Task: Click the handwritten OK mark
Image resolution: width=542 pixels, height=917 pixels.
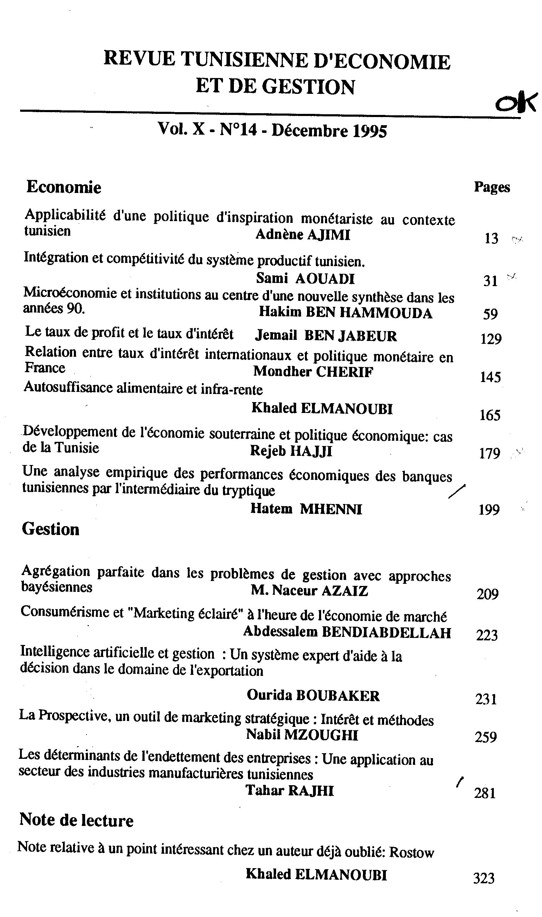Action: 516,103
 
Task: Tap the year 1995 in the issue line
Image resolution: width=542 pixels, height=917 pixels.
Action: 370,131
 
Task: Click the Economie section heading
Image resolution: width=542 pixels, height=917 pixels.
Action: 64,187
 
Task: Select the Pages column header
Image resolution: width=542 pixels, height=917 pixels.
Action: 492,187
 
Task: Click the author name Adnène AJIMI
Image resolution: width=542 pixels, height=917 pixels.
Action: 302,235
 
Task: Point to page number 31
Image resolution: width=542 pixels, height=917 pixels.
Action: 490,281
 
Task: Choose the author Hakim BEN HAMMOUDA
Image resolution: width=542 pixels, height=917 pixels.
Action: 345,313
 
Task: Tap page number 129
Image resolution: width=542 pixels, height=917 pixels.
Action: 491,339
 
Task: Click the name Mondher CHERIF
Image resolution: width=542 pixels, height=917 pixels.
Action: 313,372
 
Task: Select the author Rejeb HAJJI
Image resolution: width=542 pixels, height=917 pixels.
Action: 291,451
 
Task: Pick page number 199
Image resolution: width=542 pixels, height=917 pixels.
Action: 489,510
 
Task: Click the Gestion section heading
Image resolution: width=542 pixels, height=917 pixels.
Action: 50,529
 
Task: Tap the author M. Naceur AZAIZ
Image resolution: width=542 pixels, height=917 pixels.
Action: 309,590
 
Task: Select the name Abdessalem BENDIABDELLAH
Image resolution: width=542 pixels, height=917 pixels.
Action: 347,632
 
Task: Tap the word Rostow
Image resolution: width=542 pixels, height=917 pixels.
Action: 411,853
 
